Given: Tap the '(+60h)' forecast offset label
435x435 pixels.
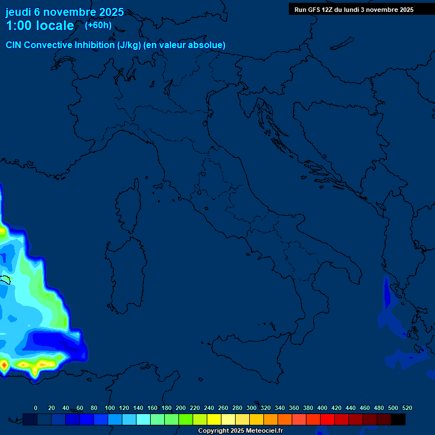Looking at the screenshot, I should click(98, 25).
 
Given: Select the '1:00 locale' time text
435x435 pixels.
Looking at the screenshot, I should click(40, 25).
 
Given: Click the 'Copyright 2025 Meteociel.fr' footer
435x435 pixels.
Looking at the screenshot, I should click(240, 431).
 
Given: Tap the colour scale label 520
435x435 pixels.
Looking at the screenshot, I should click(407, 408).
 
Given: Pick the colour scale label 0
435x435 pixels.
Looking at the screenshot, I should click(36, 408).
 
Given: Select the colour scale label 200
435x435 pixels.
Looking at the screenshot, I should click(181, 408).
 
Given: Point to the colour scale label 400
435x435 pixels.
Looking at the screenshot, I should click(322, 408).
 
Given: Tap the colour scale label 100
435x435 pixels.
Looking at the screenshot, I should click(110, 408).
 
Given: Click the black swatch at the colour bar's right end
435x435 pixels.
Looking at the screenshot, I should click(398, 419).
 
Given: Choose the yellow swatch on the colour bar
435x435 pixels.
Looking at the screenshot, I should click(214, 419).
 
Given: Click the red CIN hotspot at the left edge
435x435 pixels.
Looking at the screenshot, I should click(3, 366).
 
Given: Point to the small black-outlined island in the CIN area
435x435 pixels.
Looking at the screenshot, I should click(5, 279).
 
